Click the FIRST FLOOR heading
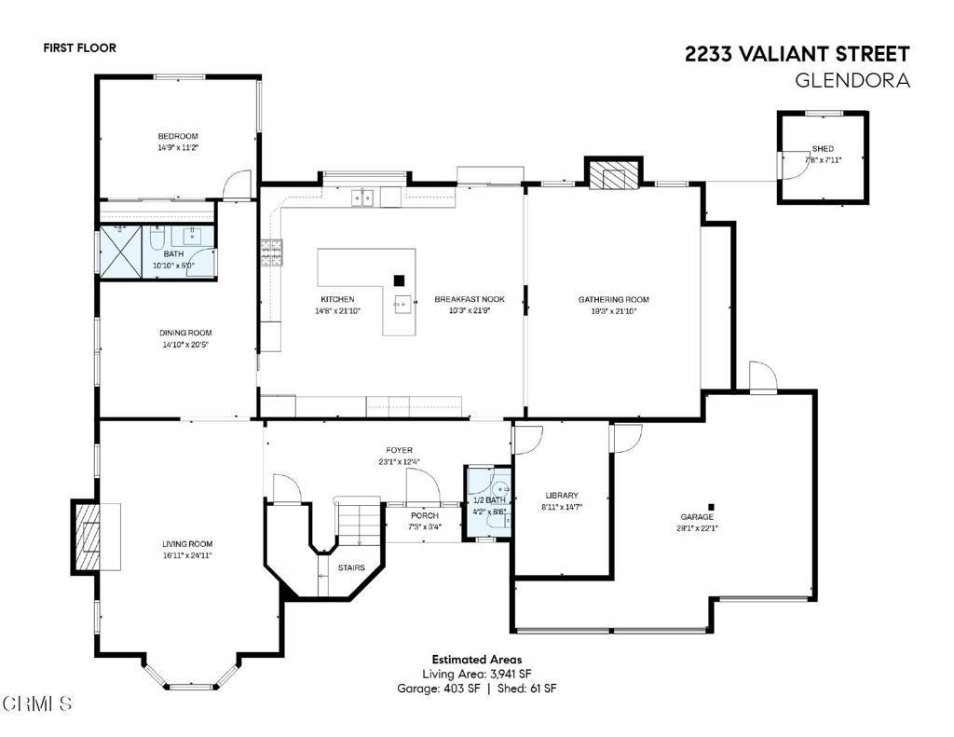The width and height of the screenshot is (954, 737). tap(80, 48)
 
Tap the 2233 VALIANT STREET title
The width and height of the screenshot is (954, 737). tap(797, 54)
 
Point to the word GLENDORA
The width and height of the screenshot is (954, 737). tap(852, 80)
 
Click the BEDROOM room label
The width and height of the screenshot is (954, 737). tap(178, 136)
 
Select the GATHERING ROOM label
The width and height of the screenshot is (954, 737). tap(613, 299)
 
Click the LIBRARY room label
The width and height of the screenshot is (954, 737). tap(562, 496)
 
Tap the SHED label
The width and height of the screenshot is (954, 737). tap(823, 148)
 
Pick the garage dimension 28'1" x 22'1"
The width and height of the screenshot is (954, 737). tap(697, 528)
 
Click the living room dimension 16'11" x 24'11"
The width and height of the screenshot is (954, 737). tap(186, 555)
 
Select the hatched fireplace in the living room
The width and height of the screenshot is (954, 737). tap(87, 536)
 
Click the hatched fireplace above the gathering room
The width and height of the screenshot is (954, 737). tap(613, 174)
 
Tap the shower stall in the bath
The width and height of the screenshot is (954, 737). tap(120, 250)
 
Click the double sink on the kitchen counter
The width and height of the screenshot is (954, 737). tap(362, 198)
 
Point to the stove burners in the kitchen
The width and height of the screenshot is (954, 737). tap(271, 253)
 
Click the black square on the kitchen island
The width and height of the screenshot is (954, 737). tap(399, 280)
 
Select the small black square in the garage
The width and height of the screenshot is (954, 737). tap(711, 506)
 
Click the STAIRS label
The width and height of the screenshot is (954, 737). tap(351, 567)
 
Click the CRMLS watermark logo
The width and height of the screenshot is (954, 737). tap(37, 704)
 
